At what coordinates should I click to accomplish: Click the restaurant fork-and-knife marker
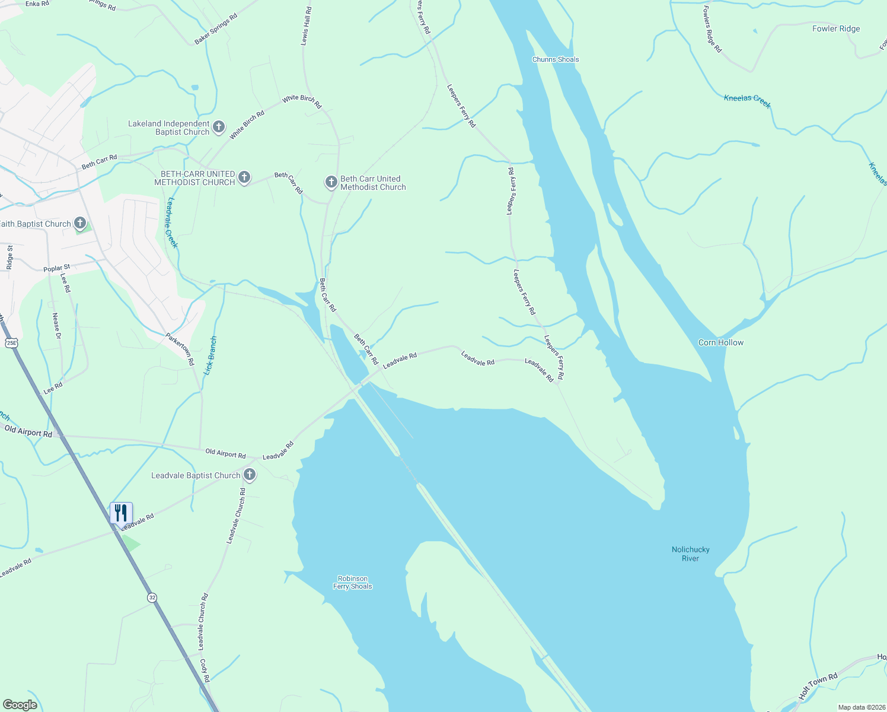point(121,513)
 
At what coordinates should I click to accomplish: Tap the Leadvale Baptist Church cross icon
point(250,475)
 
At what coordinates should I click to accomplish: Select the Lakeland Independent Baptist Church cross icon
point(219,126)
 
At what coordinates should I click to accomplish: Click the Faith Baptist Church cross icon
point(80,224)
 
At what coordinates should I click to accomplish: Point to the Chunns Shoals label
point(556,59)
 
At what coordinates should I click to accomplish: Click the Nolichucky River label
point(690,554)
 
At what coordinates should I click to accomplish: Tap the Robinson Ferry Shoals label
point(352,582)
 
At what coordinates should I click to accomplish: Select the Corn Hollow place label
point(720,342)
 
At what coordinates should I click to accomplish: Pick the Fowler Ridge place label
point(835,28)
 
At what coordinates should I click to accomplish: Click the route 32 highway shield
point(152,597)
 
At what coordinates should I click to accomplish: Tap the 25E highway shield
point(11,343)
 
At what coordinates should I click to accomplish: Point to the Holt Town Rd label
point(818,686)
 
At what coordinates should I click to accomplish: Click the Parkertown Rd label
point(180,349)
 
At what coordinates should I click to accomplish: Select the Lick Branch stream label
point(210,355)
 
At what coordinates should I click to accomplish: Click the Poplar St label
point(57,268)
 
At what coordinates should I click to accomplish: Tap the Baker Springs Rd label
point(216,28)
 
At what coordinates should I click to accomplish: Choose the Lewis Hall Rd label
point(305,27)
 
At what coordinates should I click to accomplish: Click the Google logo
point(20,705)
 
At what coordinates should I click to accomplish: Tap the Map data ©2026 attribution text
point(860,707)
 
